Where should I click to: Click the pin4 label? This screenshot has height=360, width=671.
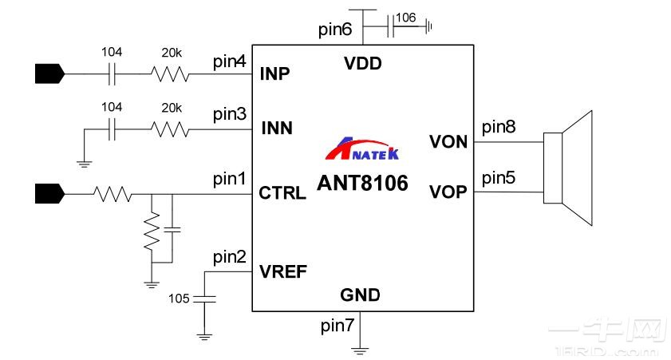coord(230,61)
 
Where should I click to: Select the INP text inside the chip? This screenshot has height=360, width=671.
coord(275,74)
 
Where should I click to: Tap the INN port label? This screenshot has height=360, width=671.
coord(276,129)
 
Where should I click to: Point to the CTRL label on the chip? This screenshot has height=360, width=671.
coord(282,193)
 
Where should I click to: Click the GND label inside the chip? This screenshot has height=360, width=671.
coord(360,295)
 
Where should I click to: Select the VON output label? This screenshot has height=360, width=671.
coord(449,142)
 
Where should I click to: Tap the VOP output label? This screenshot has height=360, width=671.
coord(449,192)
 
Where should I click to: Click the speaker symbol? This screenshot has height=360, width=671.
coord(568,167)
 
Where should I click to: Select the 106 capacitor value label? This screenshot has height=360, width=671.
coord(405,17)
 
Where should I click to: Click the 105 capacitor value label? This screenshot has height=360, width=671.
coord(180,299)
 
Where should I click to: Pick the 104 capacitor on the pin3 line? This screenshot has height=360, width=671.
coord(112,128)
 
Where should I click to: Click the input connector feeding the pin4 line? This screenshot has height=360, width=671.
coord(49,74)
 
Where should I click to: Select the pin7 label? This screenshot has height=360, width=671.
coord(336,325)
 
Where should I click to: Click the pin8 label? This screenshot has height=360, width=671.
coord(499,126)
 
